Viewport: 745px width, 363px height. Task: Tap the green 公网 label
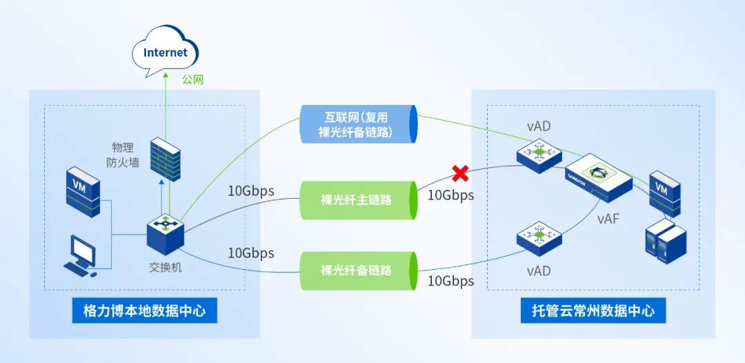(193, 80)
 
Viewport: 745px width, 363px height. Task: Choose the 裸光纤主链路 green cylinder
(357, 200)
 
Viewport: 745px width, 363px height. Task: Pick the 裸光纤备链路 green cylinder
(357, 270)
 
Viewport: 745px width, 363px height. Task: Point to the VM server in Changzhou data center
(664, 193)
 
